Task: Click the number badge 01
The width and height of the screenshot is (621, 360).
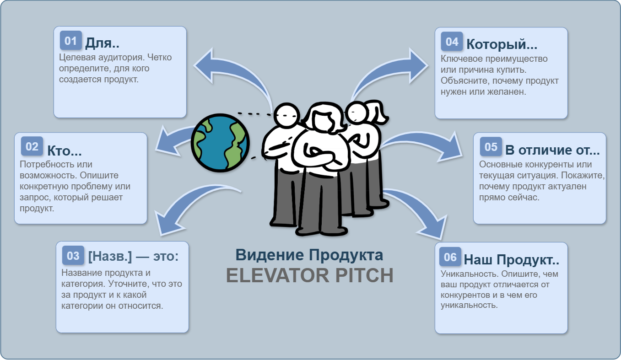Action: point(70,41)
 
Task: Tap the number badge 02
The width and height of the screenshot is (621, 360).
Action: point(32,146)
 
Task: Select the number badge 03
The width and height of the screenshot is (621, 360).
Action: point(73,255)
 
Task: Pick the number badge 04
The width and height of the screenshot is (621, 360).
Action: point(452,42)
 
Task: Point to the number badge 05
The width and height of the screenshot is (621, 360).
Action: point(491,147)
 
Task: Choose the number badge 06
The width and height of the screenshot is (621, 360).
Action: point(450,257)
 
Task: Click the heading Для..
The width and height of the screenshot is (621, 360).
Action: point(102,43)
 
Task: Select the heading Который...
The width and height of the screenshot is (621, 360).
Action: point(502,44)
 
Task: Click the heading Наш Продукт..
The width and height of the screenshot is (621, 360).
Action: point(511,259)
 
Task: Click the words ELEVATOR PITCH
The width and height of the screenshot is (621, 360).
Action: point(310,275)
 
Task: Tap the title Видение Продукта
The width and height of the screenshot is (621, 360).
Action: point(309,255)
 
